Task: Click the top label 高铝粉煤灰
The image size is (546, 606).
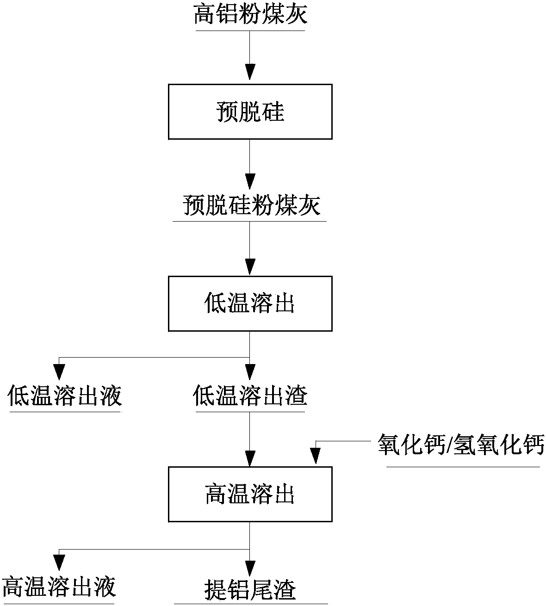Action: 250,15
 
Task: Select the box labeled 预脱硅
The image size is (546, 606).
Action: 250,111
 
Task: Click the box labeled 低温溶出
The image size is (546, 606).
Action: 250,303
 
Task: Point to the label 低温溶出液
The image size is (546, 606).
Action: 65,396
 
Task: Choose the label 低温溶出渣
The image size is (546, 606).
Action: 250,396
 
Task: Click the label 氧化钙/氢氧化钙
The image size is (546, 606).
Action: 461,445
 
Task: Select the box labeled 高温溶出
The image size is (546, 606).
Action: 250,494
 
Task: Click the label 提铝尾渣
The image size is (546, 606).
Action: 250,590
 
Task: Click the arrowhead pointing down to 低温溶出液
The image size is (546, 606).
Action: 59,371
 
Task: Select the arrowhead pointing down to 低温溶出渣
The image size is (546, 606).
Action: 250,371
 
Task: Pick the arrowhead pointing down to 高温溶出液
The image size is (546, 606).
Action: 59,563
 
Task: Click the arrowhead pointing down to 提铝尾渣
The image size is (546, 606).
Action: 250,568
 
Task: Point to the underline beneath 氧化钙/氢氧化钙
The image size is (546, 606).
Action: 463,467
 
